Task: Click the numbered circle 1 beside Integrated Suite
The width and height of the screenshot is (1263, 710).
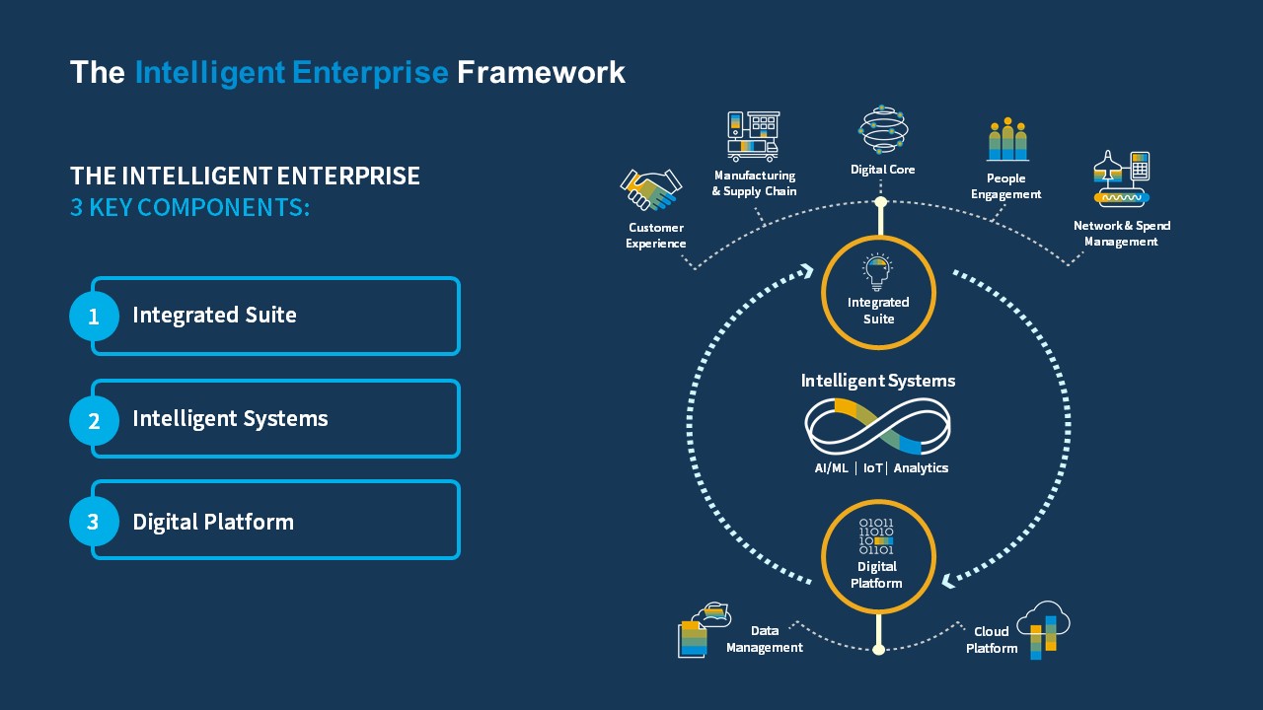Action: tap(94, 317)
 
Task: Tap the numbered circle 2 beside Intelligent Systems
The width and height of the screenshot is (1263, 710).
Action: tap(94, 420)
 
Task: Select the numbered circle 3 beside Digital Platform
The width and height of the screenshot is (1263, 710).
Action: tap(94, 522)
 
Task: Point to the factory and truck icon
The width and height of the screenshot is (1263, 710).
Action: tap(753, 136)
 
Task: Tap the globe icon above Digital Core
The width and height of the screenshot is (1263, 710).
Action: tap(883, 129)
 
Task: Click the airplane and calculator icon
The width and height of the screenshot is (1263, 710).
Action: tap(1121, 178)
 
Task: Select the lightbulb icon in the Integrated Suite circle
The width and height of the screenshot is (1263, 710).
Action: tap(877, 272)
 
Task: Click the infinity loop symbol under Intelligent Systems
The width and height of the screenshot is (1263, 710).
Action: tap(877, 427)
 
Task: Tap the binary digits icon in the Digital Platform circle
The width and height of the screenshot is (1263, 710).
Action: tap(876, 536)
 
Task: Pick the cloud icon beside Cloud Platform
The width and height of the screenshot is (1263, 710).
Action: tap(1043, 629)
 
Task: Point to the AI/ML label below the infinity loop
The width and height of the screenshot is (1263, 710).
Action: tap(831, 468)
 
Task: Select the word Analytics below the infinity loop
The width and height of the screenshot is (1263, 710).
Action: tap(921, 468)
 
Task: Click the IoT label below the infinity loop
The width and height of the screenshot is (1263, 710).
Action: tap(872, 468)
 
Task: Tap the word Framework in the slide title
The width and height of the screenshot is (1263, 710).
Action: tap(541, 73)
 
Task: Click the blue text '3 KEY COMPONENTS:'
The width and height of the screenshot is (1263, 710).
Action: tap(190, 207)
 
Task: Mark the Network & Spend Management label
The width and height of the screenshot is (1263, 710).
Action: tap(1122, 234)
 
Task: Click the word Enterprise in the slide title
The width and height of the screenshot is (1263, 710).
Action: tap(370, 73)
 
